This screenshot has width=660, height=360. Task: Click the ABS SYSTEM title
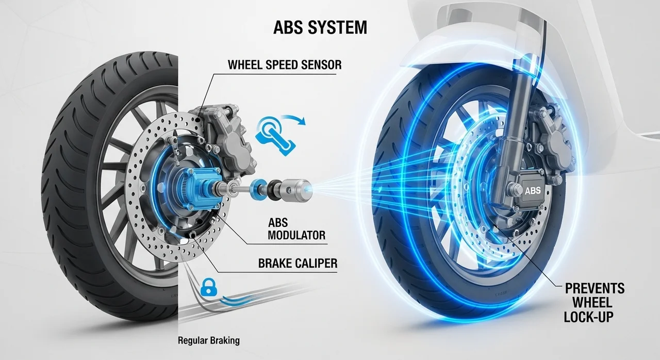coord(320,27)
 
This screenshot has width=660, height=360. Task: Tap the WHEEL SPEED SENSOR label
coord(285,65)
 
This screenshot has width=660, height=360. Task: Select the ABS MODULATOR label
coord(296,229)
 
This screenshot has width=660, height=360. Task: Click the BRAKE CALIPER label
coord(298,263)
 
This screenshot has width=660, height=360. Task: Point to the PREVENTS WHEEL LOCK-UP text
coord(595,303)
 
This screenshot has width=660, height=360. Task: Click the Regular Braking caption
coord(209,340)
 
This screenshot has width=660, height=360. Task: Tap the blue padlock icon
coord(209,287)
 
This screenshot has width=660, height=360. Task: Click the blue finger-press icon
coord(275,136)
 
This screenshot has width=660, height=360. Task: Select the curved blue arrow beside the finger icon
coord(293,118)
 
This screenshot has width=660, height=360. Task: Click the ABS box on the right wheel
coord(533,190)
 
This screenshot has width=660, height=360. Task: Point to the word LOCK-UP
coord(589,317)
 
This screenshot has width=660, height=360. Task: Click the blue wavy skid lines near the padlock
coord(236,301)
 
